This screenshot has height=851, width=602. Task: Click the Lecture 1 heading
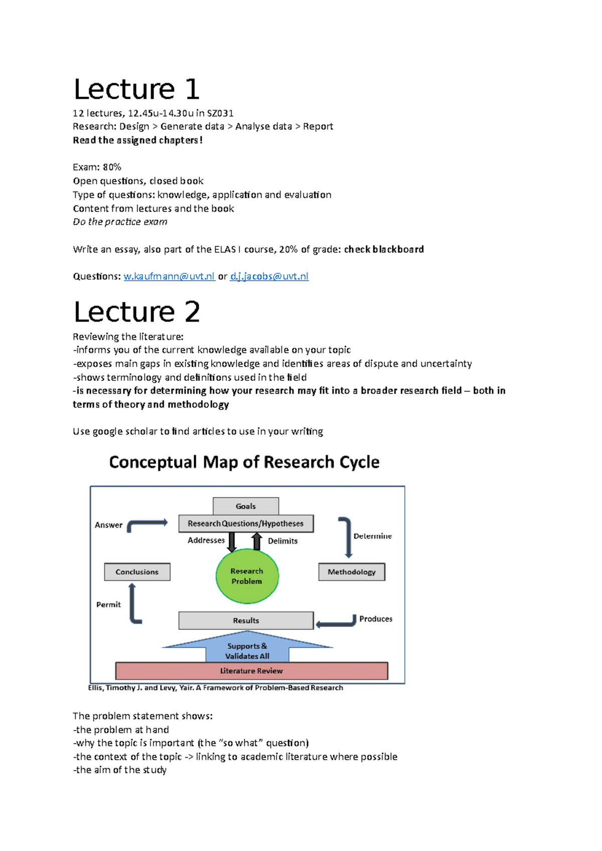(x=136, y=89)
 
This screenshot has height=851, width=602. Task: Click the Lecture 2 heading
(x=136, y=312)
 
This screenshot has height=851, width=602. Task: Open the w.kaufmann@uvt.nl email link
(x=169, y=276)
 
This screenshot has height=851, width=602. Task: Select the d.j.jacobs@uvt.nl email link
(x=269, y=276)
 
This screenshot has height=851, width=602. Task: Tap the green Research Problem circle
(x=247, y=576)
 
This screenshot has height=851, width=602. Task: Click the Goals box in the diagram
(x=246, y=506)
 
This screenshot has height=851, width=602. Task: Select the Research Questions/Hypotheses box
(x=246, y=524)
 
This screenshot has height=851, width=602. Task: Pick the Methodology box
(x=352, y=572)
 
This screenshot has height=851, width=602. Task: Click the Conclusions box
(x=137, y=572)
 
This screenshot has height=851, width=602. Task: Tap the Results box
(x=246, y=620)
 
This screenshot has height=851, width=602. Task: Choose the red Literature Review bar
(x=251, y=671)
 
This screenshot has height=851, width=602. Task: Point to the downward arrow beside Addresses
(x=232, y=542)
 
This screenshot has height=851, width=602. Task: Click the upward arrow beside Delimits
(x=257, y=541)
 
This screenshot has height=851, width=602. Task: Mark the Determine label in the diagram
(x=372, y=536)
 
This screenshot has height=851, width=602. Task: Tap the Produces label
(x=376, y=619)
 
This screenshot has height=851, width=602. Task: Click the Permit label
(x=108, y=604)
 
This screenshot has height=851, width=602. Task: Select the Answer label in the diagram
(x=108, y=525)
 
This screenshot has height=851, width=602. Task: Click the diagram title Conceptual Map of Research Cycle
(x=244, y=462)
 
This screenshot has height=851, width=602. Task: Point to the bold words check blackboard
(x=384, y=249)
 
